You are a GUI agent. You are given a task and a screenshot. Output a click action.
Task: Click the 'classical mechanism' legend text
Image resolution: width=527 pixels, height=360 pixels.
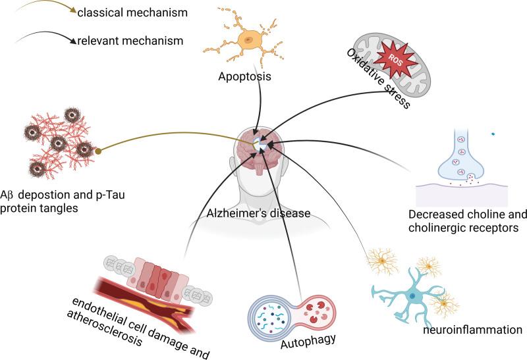131,13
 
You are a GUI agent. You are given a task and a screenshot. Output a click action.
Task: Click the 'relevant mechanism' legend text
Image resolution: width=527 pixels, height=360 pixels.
128,41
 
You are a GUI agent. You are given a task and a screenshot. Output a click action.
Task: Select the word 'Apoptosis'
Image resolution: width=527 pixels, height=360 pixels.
245,77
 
